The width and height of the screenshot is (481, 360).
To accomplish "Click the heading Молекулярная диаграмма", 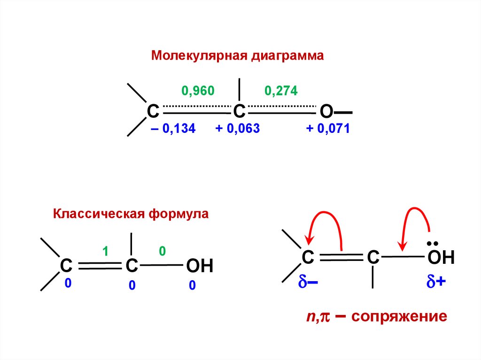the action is click(238, 56).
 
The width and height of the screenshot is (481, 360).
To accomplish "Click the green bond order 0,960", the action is click(197, 91).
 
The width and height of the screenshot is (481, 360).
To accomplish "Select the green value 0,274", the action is click(281, 91).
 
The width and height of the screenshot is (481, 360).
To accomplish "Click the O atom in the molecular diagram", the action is click(326, 112).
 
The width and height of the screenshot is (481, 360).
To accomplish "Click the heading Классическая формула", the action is click(131, 214).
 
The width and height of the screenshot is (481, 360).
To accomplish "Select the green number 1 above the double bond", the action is click(106, 252).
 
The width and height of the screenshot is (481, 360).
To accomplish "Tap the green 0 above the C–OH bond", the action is click(162, 252).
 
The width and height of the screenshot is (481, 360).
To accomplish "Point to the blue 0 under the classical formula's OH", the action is click(192, 285).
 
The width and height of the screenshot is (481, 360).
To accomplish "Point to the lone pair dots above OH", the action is click(433, 243).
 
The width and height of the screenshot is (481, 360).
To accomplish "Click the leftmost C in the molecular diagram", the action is click(153, 112).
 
